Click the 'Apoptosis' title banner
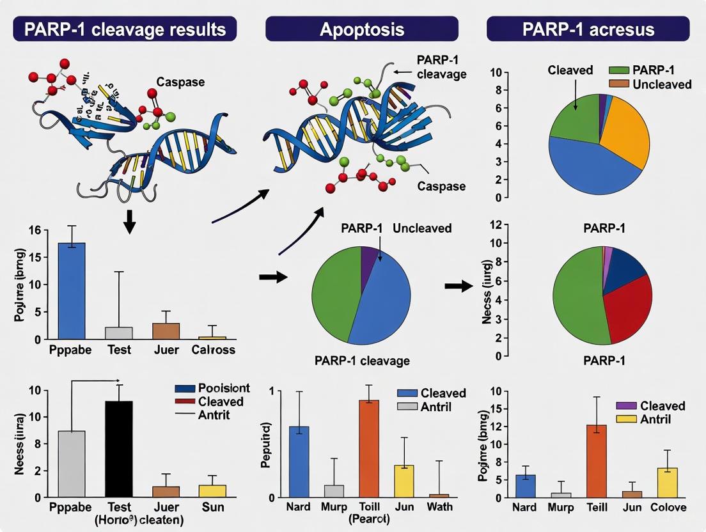(361, 29)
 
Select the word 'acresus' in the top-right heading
(623, 29)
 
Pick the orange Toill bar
(369, 448)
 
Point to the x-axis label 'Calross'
(214, 350)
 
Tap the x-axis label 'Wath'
(439, 507)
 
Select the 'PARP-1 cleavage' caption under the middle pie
(361, 361)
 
